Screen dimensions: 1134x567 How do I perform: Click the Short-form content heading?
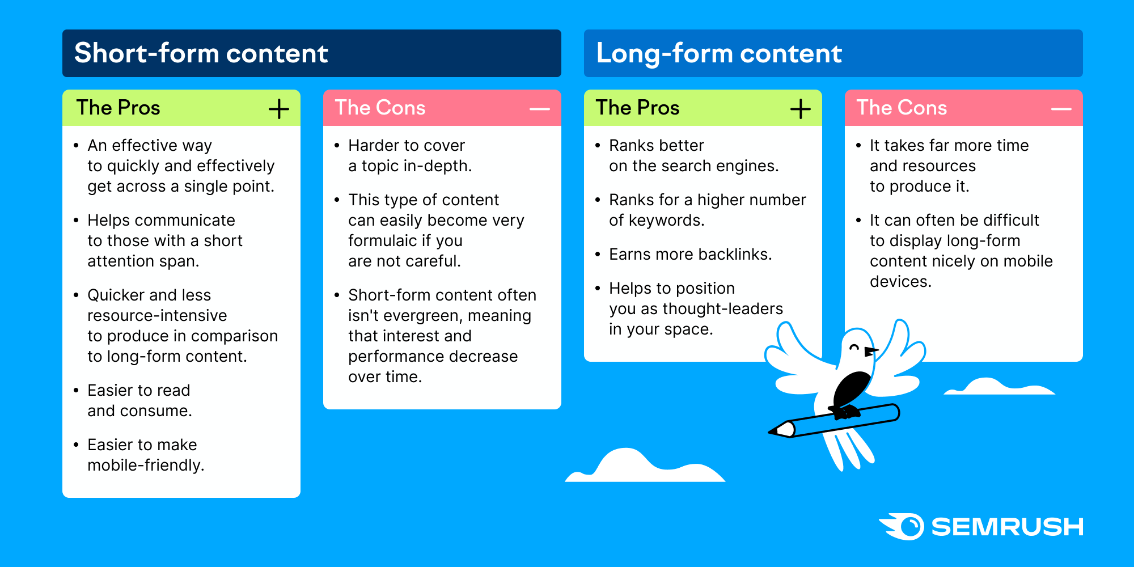coord(201,53)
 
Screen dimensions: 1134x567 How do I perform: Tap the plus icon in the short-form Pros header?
coord(279,108)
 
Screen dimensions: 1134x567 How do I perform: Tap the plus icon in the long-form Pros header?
coord(801,108)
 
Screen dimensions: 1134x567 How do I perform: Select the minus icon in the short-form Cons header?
coord(540,109)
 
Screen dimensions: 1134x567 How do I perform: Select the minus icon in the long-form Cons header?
coord(1061,109)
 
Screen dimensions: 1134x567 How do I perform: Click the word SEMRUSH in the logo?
coord(1008,527)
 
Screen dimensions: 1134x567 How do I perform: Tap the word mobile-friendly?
coord(146,465)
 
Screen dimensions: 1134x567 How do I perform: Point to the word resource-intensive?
coord(157,315)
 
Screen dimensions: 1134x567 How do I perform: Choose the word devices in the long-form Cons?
coord(900,281)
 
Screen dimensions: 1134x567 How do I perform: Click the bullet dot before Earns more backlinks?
coord(598,255)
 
